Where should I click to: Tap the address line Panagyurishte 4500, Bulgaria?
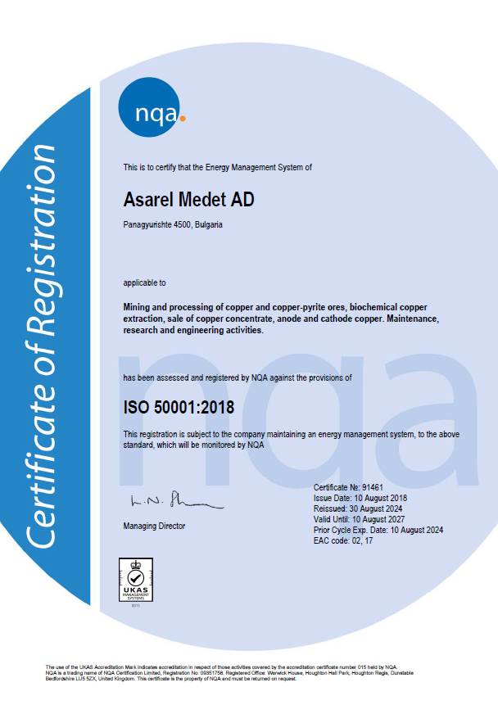[174, 223]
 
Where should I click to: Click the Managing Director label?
[154, 526]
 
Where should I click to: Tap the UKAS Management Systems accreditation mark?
[136, 580]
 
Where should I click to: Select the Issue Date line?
[360, 498]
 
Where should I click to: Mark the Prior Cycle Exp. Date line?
[378, 530]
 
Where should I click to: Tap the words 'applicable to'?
[144, 282]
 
